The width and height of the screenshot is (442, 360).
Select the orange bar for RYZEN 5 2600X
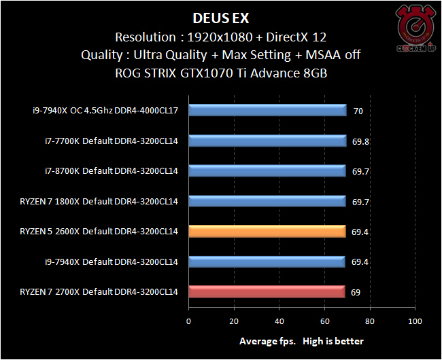click(267, 232)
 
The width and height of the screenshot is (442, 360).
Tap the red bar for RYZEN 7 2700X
click(267, 292)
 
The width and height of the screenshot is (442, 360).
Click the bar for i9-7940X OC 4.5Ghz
click(267, 111)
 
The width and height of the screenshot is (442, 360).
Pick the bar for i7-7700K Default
click(267, 141)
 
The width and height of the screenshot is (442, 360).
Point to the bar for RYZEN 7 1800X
click(267, 201)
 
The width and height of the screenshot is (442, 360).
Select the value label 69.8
click(360, 141)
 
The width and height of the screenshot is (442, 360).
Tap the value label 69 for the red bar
click(356, 292)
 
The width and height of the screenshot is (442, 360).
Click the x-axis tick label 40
click(279, 321)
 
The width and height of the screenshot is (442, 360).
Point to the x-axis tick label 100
click(415, 321)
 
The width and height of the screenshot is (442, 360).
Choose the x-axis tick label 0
click(189, 321)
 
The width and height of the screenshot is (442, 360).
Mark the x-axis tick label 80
click(370, 321)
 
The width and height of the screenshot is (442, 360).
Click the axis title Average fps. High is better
click(301, 341)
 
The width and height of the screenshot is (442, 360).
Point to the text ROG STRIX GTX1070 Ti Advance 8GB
click(222, 73)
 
